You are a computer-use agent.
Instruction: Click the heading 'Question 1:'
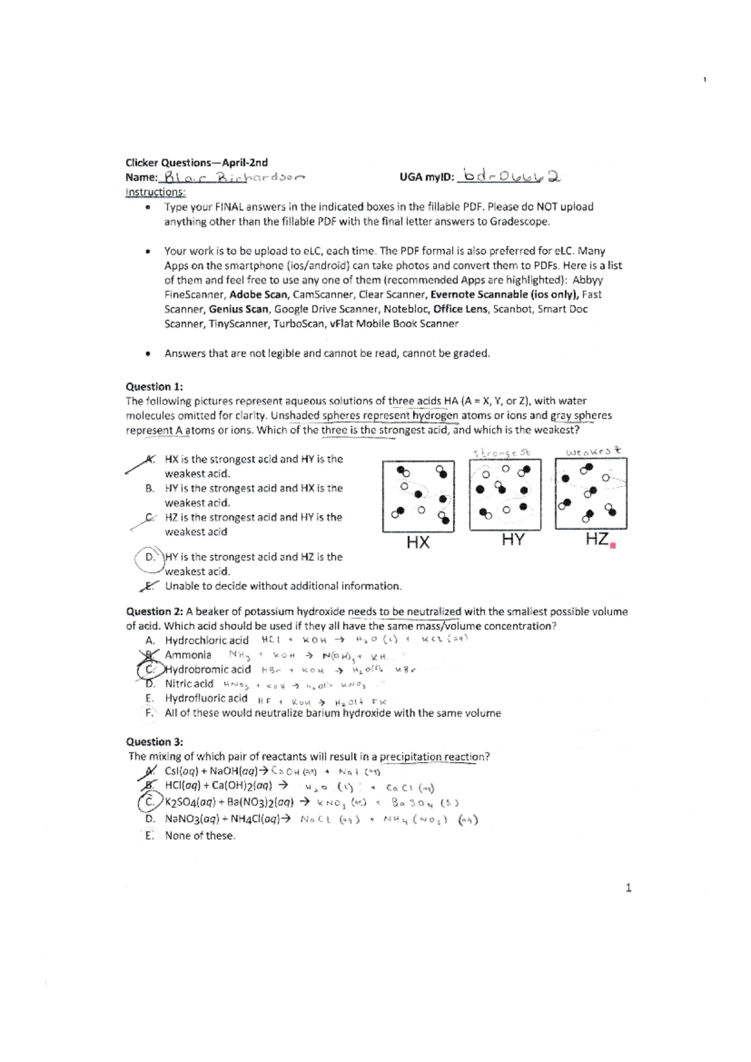click(x=154, y=386)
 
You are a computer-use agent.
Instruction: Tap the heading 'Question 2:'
click(x=154, y=611)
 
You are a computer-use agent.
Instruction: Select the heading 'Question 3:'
click(x=154, y=741)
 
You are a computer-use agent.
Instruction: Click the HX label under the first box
click(x=418, y=542)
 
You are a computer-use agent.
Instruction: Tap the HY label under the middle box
click(x=513, y=540)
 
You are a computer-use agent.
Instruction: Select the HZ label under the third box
click(x=596, y=539)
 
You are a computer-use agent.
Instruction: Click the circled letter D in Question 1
click(x=150, y=557)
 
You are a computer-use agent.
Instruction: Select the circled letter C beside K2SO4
click(x=150, y=802)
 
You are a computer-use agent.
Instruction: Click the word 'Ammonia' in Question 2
click(x=188, y=655)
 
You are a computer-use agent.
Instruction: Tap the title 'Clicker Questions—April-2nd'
click(x=197, y=162)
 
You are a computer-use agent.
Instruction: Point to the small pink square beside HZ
click(x=613, y=546)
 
